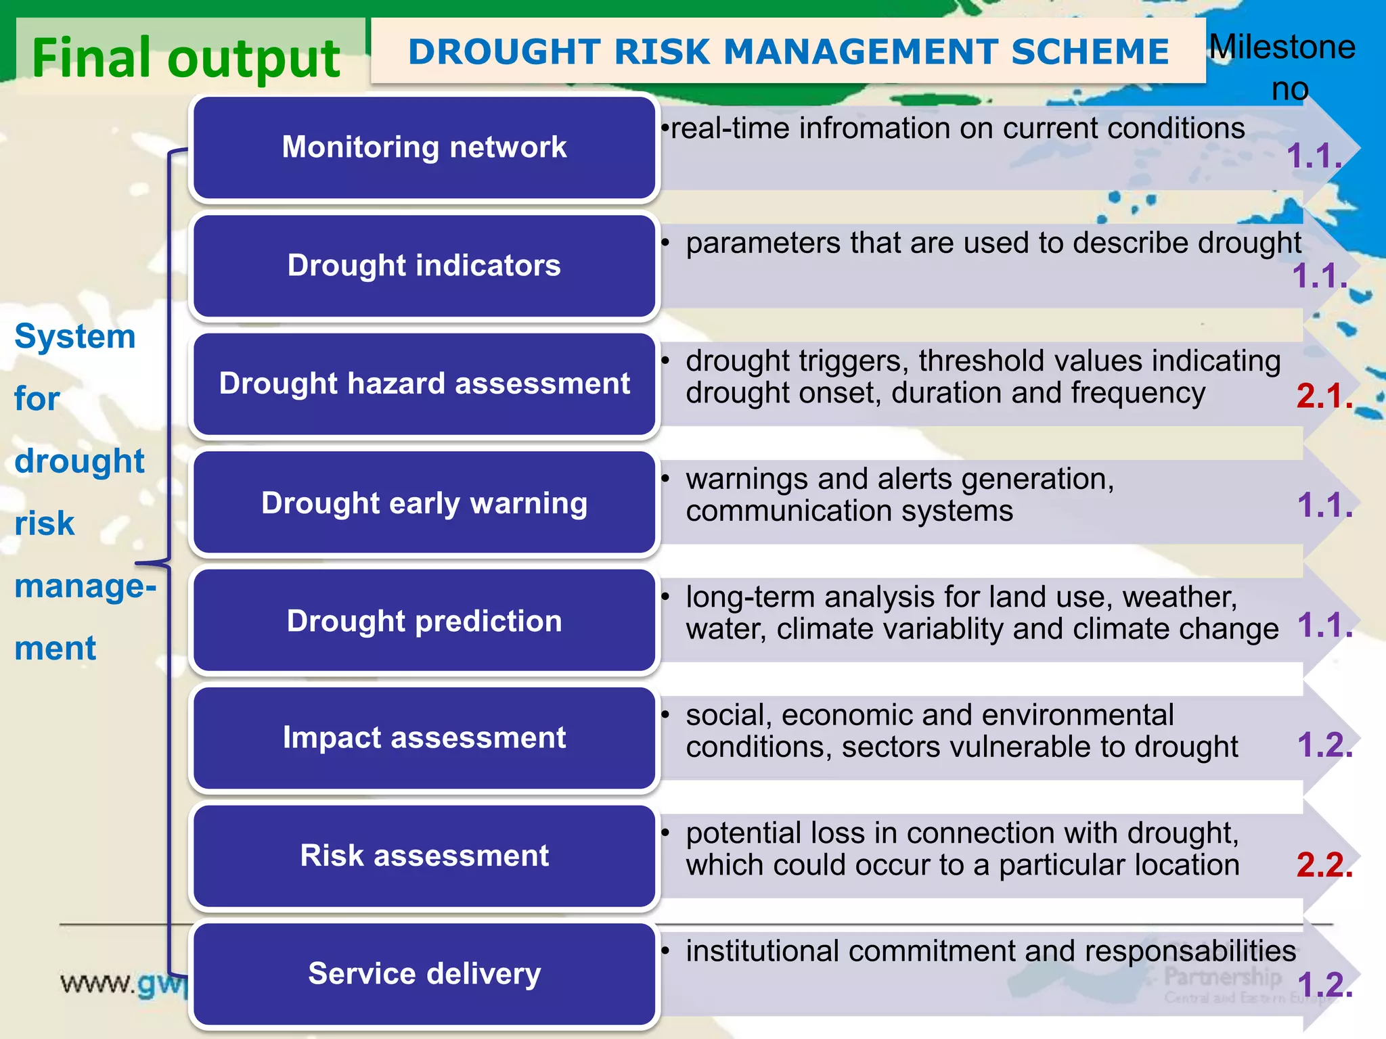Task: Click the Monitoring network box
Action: [x=424, y=147]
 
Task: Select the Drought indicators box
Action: [x=424, y=265]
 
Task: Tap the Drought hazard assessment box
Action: [x=424, y=384]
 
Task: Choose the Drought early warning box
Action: [x=424, y=503]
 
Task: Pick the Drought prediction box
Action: [x=424, y=621]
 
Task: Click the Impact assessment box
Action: [x=424, y=737]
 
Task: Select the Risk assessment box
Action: [x=424, y=856]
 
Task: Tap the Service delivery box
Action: [x=424, y=974]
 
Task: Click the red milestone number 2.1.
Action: [x=1324, y=396]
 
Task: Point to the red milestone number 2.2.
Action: [x=1324, y=865]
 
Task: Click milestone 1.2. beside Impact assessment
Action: [x=1324, y=745]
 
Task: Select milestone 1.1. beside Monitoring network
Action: [x=1314, y=156]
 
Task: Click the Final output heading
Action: [x=185, y=58]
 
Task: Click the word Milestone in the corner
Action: [x=1282, y=47]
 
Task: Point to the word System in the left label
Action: [x=74, y=337]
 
